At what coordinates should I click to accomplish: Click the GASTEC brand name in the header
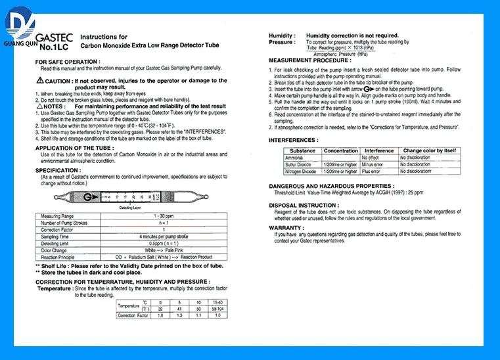click(51, 38)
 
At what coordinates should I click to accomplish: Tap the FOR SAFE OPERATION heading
click(64, 61)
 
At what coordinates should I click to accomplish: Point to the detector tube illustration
click(128, 196)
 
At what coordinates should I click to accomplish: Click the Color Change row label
click(55, 250)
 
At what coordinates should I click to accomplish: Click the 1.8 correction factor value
click(160, 316)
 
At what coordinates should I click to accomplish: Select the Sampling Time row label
click(56, 236)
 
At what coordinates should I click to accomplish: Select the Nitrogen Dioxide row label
click(300, 171)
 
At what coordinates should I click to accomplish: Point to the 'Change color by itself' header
click(429, 151)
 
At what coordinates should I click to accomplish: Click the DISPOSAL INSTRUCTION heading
click(304, 205)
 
